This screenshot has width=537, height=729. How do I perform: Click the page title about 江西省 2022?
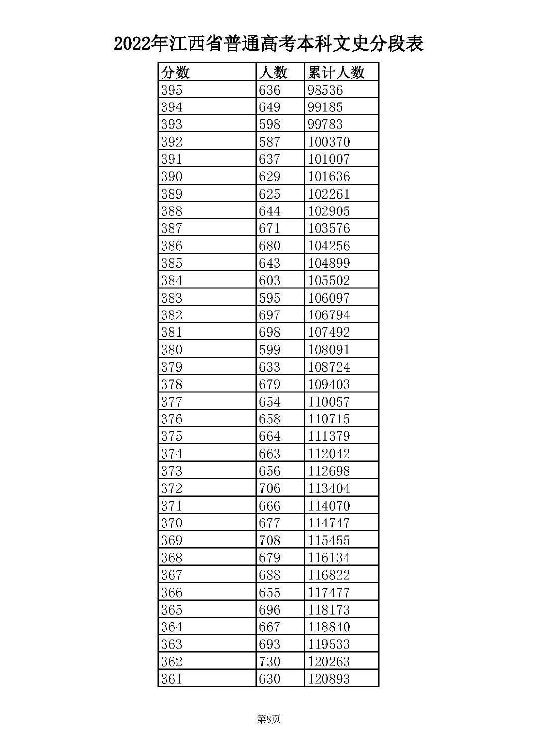pos(268,44)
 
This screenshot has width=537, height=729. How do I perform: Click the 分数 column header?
pos(175,72)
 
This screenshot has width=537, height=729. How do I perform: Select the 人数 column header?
pos(273,72)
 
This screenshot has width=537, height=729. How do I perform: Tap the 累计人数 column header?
pos(336,72)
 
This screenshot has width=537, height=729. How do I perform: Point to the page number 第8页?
pos(268,719)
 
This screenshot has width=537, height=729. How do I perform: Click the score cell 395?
pos(172,90)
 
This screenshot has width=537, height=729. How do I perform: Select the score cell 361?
pos(172,679)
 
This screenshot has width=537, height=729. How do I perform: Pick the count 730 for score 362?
pos(269,661)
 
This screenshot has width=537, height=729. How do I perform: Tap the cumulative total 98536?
pos(325,90)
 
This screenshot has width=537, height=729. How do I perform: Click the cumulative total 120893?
pos(329,679)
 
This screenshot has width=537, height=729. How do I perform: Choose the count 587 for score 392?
pos(269,142)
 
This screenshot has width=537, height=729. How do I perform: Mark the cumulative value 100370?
pos(329,142)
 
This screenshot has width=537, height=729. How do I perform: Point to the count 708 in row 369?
pos(269,540)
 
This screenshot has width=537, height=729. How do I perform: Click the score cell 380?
pos(172,350)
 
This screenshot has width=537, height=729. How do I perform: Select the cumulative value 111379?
pos(329,436)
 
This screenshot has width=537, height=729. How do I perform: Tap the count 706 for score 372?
pos(269,488)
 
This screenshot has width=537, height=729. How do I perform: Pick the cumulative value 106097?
pos(329,298)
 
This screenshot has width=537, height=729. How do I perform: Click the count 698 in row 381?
pos(269,332)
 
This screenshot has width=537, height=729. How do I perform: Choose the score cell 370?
pos(172,523)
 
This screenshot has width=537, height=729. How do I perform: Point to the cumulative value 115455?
pos(329,540)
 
